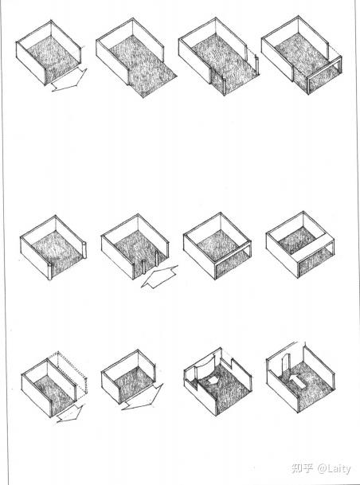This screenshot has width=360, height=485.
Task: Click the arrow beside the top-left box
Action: click(x=70, y=80)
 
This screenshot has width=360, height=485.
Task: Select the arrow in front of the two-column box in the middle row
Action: click(x=159, y=276)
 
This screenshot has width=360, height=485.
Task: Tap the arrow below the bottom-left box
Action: click(x=71, y=414)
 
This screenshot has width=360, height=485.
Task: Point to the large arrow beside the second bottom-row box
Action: click(x=143, y=397)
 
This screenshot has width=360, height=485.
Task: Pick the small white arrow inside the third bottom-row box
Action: click(x=213, y=380)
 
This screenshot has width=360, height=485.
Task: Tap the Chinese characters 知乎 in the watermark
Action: click(x=302, y=468)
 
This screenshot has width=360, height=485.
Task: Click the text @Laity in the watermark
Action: click(x=334, y=468)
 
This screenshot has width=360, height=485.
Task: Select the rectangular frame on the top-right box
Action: click(x=324, y=76)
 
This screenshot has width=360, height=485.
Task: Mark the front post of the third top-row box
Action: click(x=225, y=86)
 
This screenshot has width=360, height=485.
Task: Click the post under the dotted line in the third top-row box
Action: click(x=256, y=65)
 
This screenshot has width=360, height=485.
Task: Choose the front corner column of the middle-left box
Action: click(x=50, y=272)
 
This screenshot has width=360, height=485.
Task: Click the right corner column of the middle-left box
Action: click(x=84, y=250)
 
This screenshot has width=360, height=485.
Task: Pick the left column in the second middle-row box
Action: click(x=143, y=267)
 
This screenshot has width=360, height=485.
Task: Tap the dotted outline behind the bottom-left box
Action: click(x=72, y=375)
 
